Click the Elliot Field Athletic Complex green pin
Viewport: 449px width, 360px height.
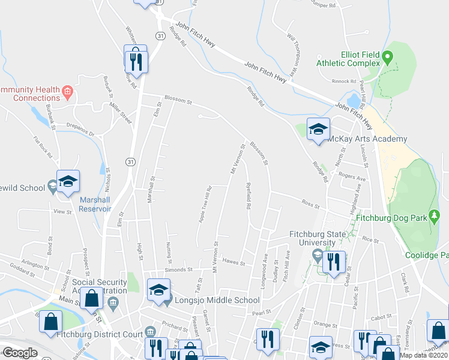(x=388, y=58)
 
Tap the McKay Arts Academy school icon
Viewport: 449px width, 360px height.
(x=318, y=128)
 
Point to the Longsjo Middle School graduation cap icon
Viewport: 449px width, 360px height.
(x=158, y=289)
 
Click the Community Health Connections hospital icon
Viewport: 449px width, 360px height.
(x=67, y=92)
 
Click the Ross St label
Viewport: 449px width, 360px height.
(x=310, y=204)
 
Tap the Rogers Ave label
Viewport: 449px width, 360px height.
(x=352, y=178)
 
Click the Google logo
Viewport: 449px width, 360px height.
(x=19, y=353)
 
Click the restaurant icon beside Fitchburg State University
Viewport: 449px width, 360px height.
(x=331, y=262)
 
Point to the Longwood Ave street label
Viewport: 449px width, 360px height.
(x=264, y=271)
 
